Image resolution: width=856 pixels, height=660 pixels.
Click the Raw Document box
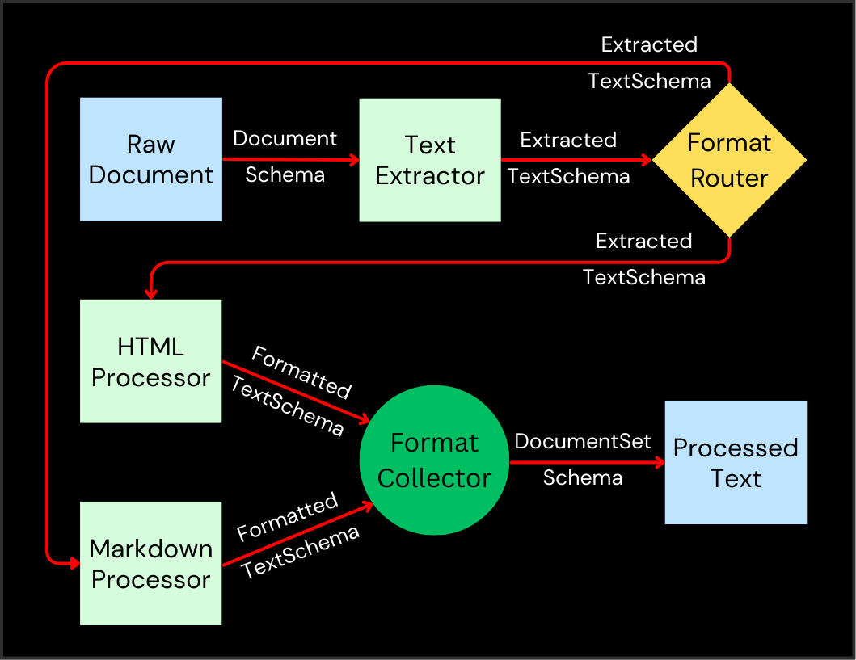tap(151, 159)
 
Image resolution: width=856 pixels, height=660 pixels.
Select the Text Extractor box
tap(430, 160)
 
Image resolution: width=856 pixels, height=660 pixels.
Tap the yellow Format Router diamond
tap(729, 160)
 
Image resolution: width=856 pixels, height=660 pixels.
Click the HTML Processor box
tap(151, 361)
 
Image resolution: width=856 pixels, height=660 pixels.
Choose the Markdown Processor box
tap(151, 563)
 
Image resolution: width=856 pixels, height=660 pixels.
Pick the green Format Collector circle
tap(434, 460)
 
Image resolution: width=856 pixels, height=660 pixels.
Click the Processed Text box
tap(736, 462)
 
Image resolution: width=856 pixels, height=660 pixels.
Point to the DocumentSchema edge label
tap(285, 156)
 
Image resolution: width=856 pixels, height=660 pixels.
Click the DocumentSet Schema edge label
tap(583, 460)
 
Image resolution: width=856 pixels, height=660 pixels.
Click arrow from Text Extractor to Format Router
tap(576, 160)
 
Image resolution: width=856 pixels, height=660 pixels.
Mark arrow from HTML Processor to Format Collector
tap(295, 392)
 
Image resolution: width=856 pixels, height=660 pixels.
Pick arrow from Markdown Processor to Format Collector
tap(295, 534)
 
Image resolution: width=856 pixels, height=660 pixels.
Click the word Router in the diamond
tap(729, 178)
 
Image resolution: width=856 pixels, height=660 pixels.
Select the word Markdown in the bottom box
tap(151, 549)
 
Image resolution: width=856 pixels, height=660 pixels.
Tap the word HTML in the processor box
tap(151, 347)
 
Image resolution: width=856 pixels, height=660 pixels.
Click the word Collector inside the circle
tap(434, 478)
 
